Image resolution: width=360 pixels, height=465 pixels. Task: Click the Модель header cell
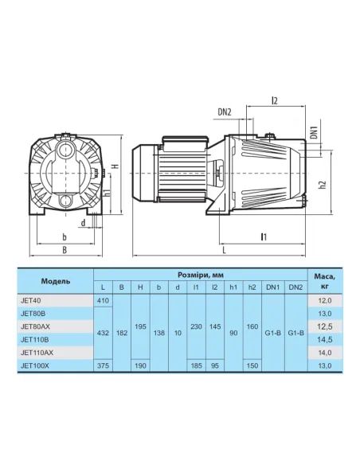click(56, 281)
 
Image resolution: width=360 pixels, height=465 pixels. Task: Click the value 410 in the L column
click(102, 300)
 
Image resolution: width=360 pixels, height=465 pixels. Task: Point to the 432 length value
click(102, 326)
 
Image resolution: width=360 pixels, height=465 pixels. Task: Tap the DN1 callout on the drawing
click(315, 132)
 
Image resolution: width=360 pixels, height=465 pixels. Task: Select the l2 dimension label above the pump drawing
click(274, 101)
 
